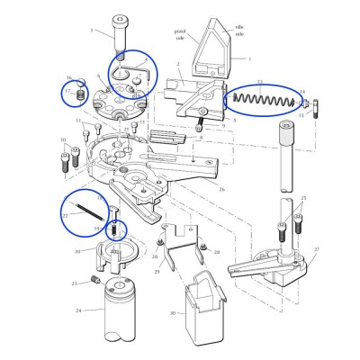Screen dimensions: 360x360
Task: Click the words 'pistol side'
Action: click(x=180, y=33)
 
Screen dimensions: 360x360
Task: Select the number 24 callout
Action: click(x=78, y=310)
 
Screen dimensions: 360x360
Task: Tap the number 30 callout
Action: click(x=171, y=312)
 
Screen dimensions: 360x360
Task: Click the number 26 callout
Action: click(x=221, y=189)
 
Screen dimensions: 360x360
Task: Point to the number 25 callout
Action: click(x=304, y=198)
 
